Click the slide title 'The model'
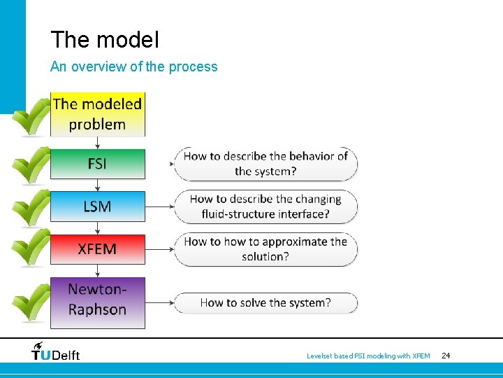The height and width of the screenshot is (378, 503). pos(105,40)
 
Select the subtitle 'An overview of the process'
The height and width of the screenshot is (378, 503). pos(133,67)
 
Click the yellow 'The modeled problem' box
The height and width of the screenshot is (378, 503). pos(97,114)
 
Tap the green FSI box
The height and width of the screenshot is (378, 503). pos(97,164)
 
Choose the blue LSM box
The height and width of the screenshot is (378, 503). pos(97,206)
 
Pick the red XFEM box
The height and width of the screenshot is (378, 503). pos(97,249)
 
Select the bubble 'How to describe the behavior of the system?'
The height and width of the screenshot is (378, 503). pos(265,164)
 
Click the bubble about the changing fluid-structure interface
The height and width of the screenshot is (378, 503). pos(265,206)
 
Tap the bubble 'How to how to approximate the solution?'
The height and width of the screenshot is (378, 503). pos(265,249)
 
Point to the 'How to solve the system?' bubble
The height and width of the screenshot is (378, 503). pos(265,303)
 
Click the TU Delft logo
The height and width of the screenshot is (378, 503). pos(56,351)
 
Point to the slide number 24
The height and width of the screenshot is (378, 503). pos(446,356)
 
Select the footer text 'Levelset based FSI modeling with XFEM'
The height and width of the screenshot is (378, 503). pos(368,356)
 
